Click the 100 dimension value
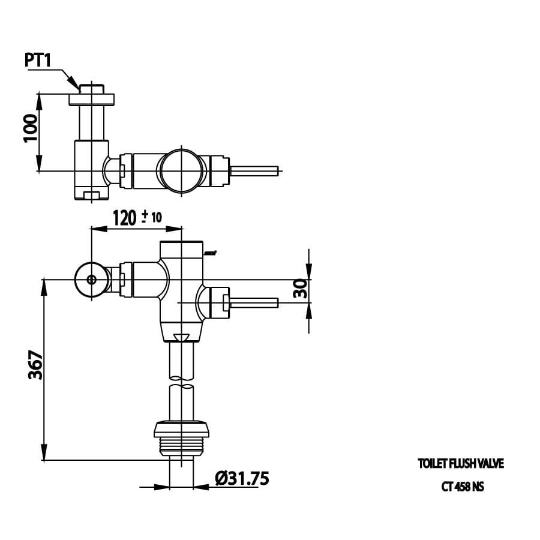click(31, 128)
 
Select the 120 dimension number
click(125, 217)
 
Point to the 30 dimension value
click(301, 289)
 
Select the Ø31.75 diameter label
click(242, 478)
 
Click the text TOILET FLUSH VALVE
click(461, 464)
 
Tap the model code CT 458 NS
click(462, 487)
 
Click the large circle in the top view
click(182, 170)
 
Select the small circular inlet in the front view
click(91, 280)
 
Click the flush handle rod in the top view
click(254, 170)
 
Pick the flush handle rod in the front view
click(253, 302)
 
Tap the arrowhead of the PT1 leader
click(75, 83)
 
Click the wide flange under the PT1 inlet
click(91, 99)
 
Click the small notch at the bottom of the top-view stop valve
click(91, 194)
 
